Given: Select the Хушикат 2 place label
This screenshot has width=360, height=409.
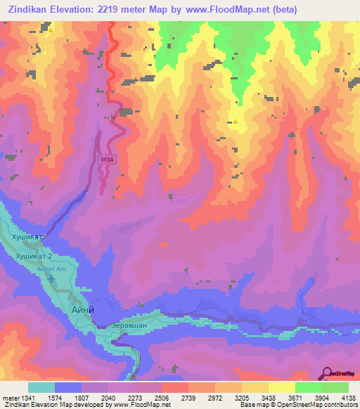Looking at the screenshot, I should (33, 257).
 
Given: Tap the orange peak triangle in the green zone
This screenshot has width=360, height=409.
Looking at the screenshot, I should (236, 121).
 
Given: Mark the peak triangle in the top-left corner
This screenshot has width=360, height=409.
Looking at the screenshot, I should (51, 30).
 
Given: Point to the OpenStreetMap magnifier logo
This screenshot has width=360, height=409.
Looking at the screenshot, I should (327, 372).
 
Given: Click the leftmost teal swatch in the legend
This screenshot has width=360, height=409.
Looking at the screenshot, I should (41, 387).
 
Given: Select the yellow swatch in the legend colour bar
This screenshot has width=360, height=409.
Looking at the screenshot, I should (282, 387).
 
